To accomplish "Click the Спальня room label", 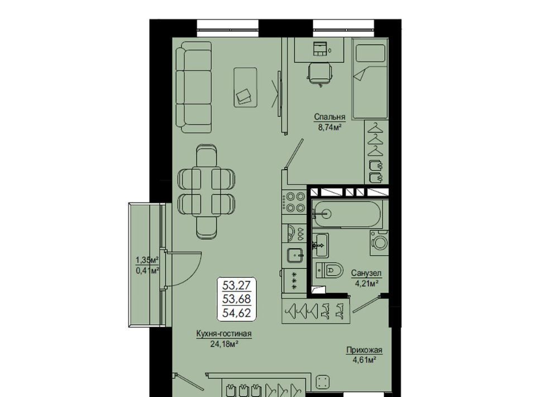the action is [x=330, y=117].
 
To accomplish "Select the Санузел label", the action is [x=366, y=273].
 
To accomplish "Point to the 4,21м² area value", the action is [x=366, y=283].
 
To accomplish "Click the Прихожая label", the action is [x=364, y=350].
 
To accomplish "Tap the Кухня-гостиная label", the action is [x=224, y=334].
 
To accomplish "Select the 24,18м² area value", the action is [x=224, y=344].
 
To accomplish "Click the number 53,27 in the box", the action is [x=237, y=285].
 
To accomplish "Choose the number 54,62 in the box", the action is [x=237, y=313].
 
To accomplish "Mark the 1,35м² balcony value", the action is [x=147, y=260].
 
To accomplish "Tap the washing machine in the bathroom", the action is [x=379, y=243].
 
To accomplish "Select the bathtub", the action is [x=347, y=214].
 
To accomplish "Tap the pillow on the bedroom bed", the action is [x=371, y=53].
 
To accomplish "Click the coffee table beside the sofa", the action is [x=246, y=87].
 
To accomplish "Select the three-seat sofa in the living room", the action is [x=194, y=87].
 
